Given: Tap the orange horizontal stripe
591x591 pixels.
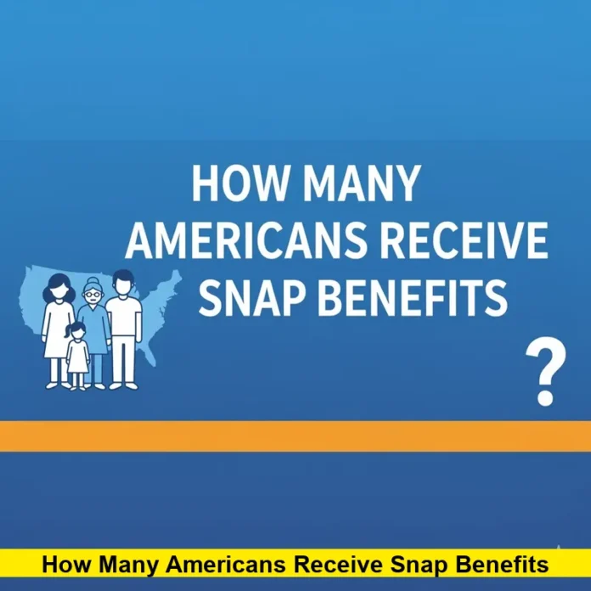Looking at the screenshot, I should [x=295, y=436].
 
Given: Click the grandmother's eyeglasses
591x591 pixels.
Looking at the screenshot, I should [x=91, y=295].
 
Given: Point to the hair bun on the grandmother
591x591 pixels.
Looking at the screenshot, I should [x=91, y=281].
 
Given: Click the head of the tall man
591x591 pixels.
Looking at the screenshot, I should [x=122, y=282].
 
